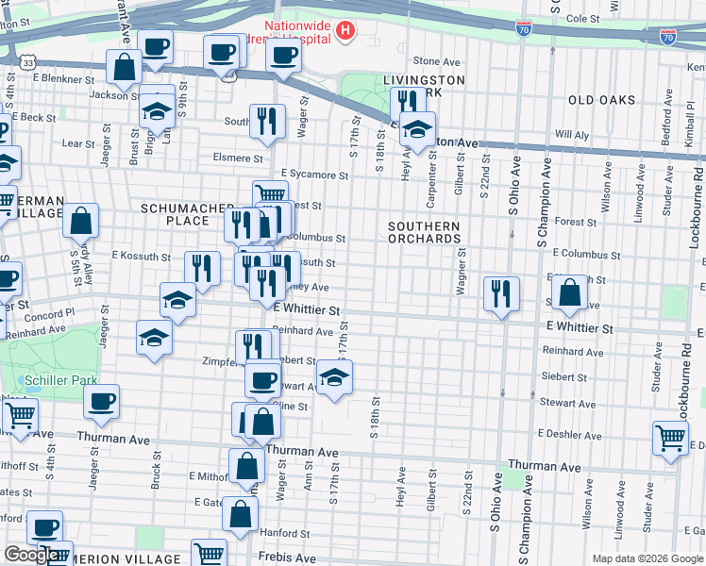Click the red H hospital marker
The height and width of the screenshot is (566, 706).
(345, 32)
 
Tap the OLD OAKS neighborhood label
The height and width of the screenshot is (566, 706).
(601, 100)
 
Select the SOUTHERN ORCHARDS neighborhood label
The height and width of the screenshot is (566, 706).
(424, 232)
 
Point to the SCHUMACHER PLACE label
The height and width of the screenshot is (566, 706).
(174, 213)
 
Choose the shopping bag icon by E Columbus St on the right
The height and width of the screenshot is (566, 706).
(570, 293)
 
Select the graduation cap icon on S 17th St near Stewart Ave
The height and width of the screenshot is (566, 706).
(334, 377)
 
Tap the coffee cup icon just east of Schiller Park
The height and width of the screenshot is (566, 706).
(102, 400)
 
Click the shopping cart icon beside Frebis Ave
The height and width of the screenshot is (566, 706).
(209, 553)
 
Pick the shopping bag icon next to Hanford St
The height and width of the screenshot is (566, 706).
(241, 514)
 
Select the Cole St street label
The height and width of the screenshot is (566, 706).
(582, 18)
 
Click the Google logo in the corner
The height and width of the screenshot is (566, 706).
(30, 555)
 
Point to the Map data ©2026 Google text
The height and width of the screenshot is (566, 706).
(647, 558)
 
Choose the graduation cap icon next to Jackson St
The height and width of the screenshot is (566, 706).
(157, 110)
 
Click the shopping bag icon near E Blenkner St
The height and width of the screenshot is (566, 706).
(124, 67)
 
